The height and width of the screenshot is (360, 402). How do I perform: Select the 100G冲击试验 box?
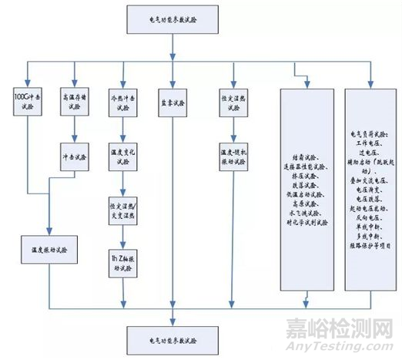coord(25,103)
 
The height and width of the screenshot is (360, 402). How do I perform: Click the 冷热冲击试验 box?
coord(123,103)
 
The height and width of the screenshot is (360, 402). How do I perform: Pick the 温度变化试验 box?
coord(123,159)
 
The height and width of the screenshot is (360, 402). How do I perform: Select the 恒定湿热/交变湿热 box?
coord(123,209)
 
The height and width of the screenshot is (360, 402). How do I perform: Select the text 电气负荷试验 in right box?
coord(371,114)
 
